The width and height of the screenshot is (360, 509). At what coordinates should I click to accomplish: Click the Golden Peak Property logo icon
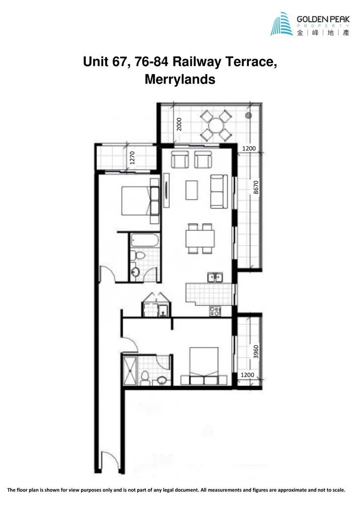tap(282, 24)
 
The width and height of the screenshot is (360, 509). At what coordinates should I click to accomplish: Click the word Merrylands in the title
tap(180, 79)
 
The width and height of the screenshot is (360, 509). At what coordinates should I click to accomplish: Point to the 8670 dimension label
tap(256, 188)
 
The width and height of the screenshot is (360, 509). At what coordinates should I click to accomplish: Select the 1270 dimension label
tap(132, 157)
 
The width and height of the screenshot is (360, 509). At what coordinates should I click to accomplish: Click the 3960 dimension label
tap(255, 351)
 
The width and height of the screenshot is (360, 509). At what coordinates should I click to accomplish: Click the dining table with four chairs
tap(200, 238)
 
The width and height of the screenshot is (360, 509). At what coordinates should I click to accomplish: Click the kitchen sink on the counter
tap(215, 277)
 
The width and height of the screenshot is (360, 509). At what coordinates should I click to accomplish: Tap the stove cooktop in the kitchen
tap(215, 311)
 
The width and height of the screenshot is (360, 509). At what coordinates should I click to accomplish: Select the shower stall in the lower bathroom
tap(129, 370)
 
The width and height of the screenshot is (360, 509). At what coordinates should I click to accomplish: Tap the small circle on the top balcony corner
tap(248, 115)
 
